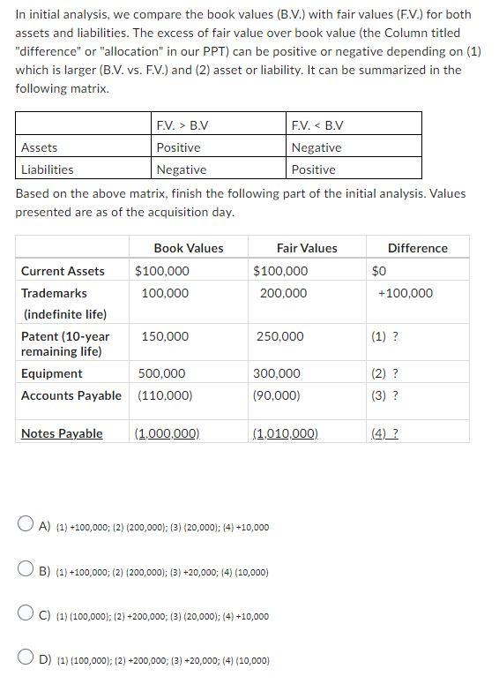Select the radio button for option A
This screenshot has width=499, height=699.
click(x=26, y=526)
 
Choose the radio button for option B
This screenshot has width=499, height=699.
click(x=26, y=571)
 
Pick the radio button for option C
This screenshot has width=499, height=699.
click(x=26, y=615)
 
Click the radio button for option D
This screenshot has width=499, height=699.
click(x=26, y=658)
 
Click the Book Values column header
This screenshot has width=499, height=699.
click(x=188, y=248)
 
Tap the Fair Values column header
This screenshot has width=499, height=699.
click(x=307, y=248)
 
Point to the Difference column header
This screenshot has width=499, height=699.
click(x=417, y=248)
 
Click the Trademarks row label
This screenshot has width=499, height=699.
click(x=54, y=293)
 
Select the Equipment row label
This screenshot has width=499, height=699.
click(x=51, y=373)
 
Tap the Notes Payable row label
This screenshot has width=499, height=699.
click(x=62, y=433)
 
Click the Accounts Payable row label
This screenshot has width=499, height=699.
click(x=71, y=395)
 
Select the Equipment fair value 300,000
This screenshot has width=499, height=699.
click(x=276, y=373)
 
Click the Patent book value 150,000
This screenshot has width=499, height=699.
click(x=165, y=336)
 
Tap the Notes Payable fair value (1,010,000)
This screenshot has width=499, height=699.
click(x=285, y=433)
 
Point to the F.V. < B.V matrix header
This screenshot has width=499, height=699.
click(x=317, y=124)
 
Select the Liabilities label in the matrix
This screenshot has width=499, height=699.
click(x=48, y=169)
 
